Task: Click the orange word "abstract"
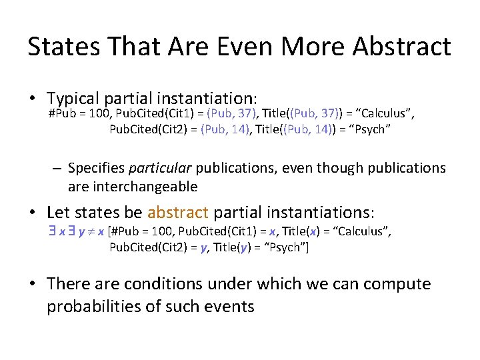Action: coord(178,213)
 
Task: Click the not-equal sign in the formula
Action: coord(89,231)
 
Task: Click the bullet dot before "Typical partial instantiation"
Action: coord(32,100)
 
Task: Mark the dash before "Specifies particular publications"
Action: coord(58,169)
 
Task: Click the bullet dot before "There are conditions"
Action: coord(32,285)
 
